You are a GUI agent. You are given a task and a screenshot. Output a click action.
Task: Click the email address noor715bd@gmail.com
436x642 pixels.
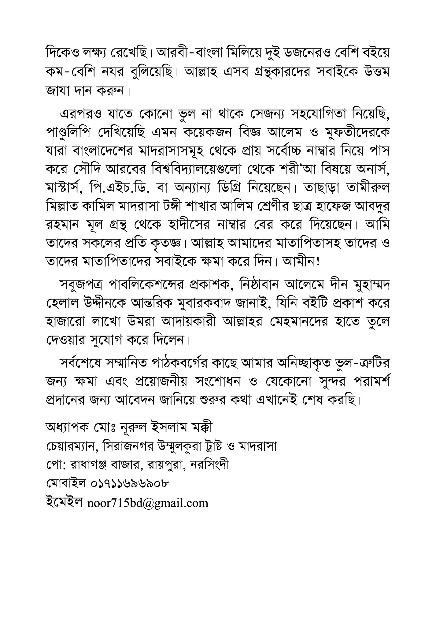click(148, 503)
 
